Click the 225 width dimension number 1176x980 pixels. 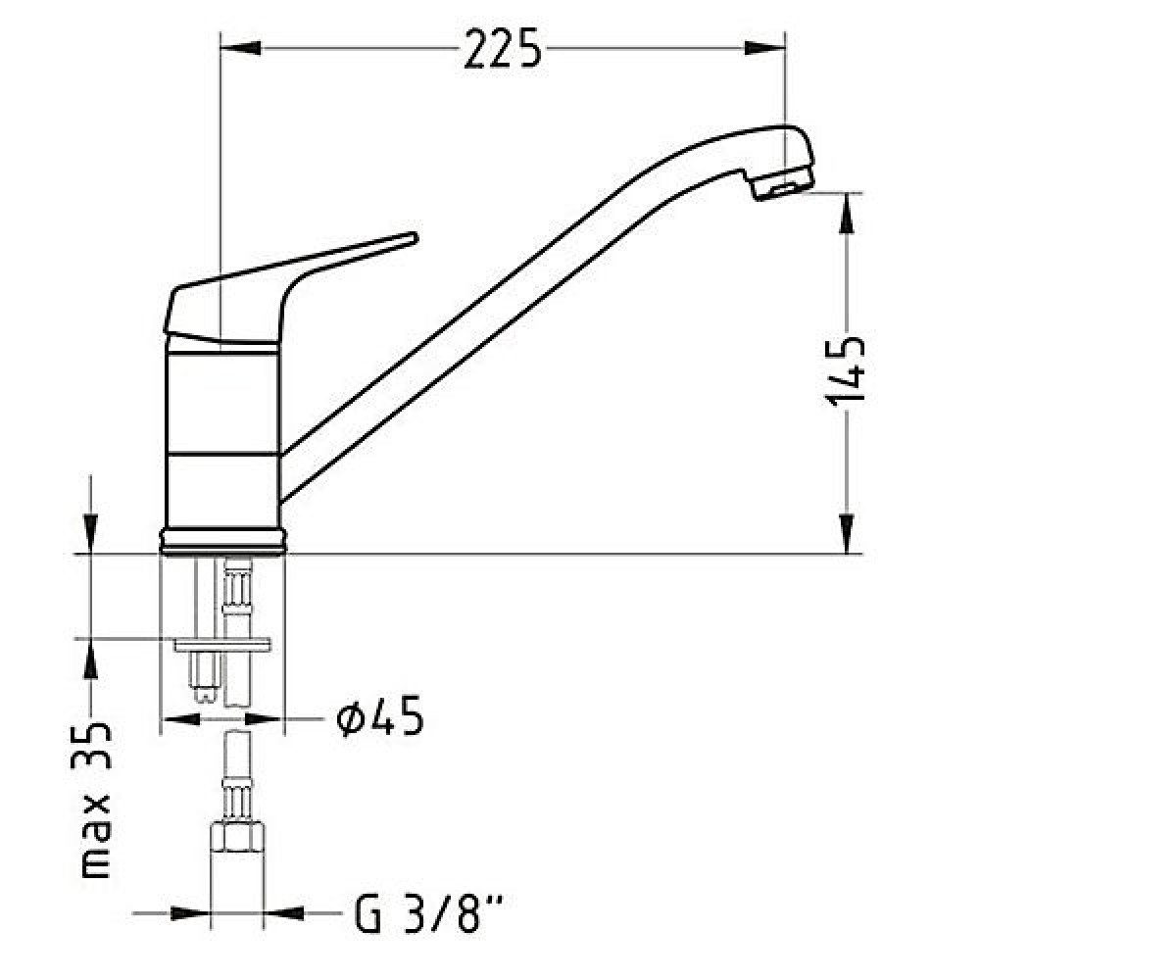click(x=502, y=49)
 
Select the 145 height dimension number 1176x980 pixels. click(x=844, y=370)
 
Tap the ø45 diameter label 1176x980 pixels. click(x=379, y=715)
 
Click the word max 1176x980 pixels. click(x=95, y=836)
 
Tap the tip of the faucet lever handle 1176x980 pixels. click(x=415, y=237)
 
